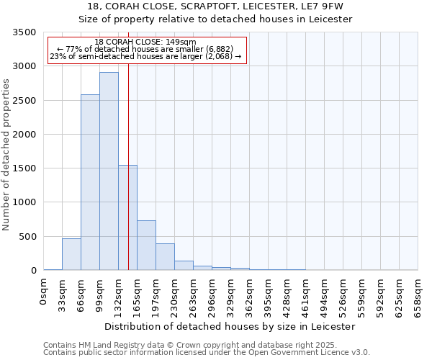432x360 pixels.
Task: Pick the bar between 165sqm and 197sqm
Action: click(x=146, y=246)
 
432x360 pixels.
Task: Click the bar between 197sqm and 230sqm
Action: click(x=165, y=257)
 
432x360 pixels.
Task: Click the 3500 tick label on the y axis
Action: click(x=24, y=32)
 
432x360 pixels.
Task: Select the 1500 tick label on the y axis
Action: click(x=24, y=168)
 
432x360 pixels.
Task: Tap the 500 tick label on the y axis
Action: click(x=27, y=236)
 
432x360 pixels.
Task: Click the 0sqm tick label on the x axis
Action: click(x=44, y=292)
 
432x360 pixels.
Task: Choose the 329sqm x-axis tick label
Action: click(x=230, y=297)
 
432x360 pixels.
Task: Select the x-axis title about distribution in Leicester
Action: click(x=230, y=326)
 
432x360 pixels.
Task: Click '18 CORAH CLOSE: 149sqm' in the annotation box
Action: click(x=145, y=42)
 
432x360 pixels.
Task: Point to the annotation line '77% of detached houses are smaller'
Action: click(x=145, y=49)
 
